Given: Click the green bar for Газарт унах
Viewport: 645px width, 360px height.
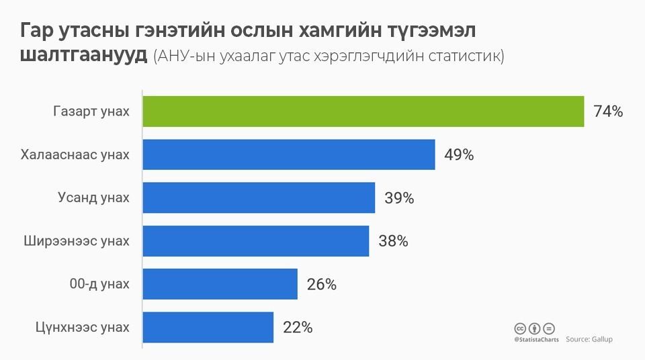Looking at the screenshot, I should pyautogui.click(x=363, y=111).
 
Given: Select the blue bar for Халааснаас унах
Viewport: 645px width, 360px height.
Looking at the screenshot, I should pyautogui.click(x=289, y=154).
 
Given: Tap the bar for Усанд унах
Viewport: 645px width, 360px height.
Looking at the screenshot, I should pyautogui.click(x=259, y=197).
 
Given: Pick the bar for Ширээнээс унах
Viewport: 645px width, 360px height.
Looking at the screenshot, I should pyautogui.click(x=255, y=240).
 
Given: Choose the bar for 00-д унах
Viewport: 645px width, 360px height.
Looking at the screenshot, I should pyautogui.click(x=220, y=284).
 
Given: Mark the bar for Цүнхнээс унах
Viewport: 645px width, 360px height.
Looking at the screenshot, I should pyautogui.click(x=208, y=327).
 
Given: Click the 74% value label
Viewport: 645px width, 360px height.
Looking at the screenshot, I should pyautogui.click(x=608, y=112).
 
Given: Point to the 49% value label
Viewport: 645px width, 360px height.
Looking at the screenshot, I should pyautogui.click(x=459, y=155).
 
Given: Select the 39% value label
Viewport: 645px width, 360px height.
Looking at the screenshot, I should pyautogui.click(x=399, y=198).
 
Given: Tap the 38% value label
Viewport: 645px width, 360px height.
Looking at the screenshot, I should pyautogui.click(x=393, y=241).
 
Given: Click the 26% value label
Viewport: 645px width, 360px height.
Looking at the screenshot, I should pyautogui.click(x=321, y=285).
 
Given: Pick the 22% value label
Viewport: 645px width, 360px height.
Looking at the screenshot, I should pyautogui.click(x=298, y=328).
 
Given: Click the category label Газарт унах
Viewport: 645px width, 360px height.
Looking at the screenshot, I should pyautogui.click(x=91, y=111).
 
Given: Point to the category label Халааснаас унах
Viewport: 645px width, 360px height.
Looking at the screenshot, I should pyautogui.click(x=75, y=154).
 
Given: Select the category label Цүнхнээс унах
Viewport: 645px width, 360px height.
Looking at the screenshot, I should pyautogui.click(x=81, y=327).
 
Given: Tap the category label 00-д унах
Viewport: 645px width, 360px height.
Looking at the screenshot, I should pyautogui.click(x=99, y=284).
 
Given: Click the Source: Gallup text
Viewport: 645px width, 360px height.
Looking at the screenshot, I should pyautogui.click(x=589, y=340).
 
